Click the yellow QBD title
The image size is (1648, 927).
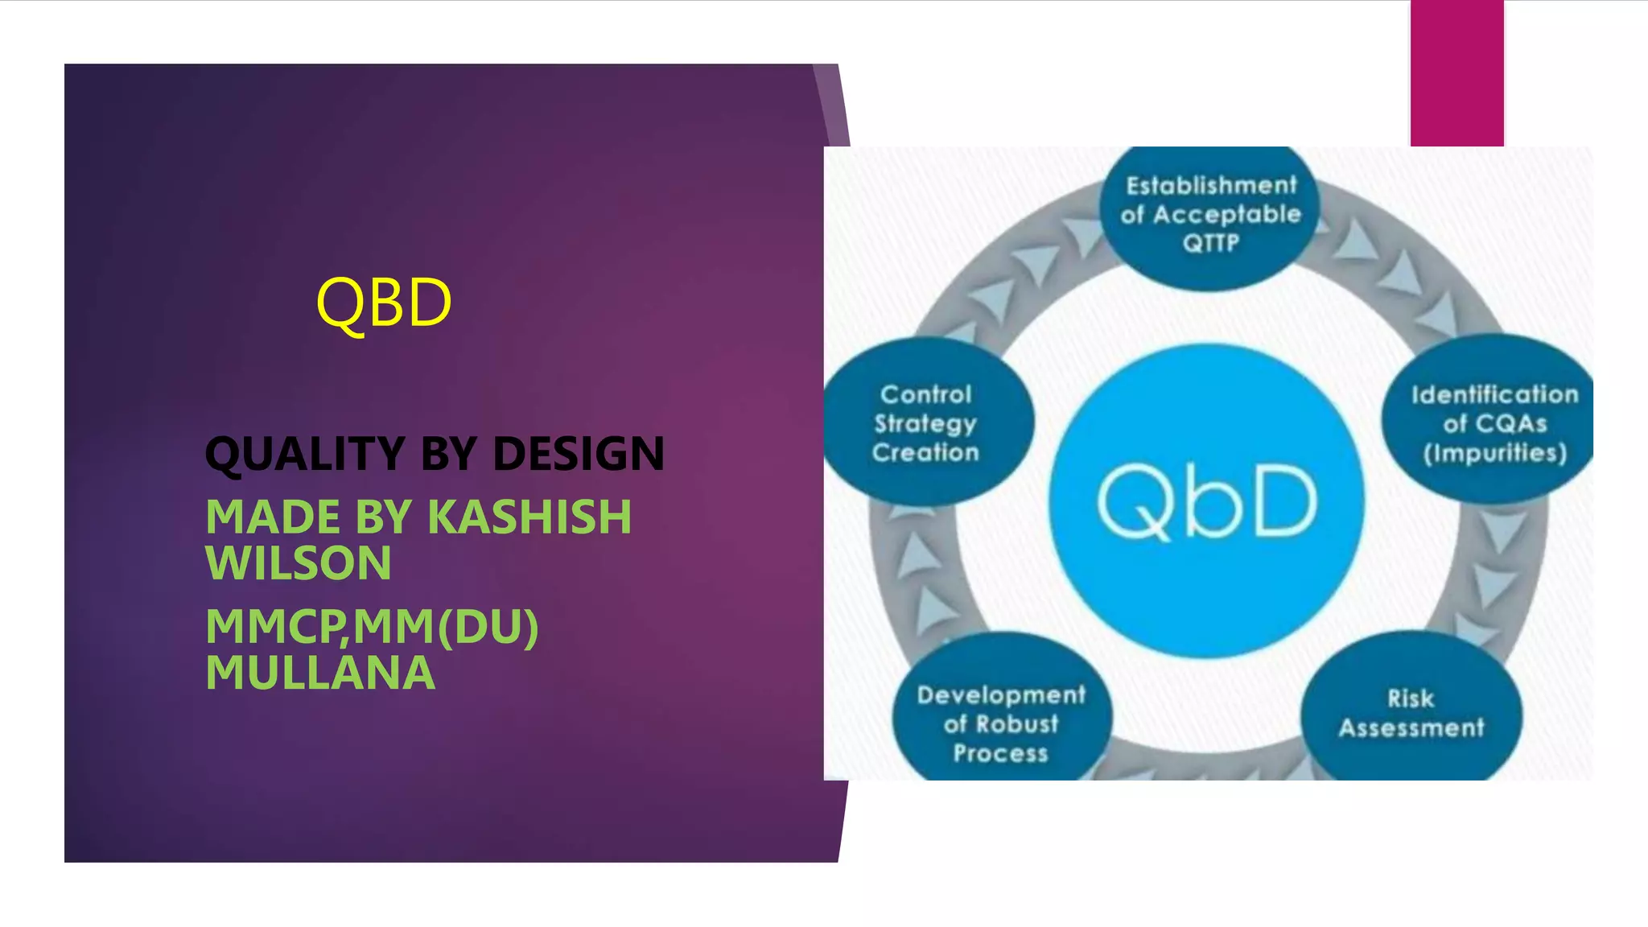[384, 303]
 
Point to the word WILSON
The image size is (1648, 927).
[299, 562]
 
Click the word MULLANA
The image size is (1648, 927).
[320, 673]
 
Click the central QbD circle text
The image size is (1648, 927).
[1206, 501]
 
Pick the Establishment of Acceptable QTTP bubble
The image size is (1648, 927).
[1210, 214]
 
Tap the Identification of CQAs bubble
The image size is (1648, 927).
[1493, 423]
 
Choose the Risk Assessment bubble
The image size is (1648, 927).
[1411, 714]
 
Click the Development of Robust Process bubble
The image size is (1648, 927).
[1001, 723]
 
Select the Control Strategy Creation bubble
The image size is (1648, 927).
[925, 423]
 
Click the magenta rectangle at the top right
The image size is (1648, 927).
[1456, 72]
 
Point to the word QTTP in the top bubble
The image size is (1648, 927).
[1210, 243]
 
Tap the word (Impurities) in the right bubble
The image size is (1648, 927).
[1494, 453]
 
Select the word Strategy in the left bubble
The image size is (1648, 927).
[925, 424]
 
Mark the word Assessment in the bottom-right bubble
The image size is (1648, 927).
[1411, 728]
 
